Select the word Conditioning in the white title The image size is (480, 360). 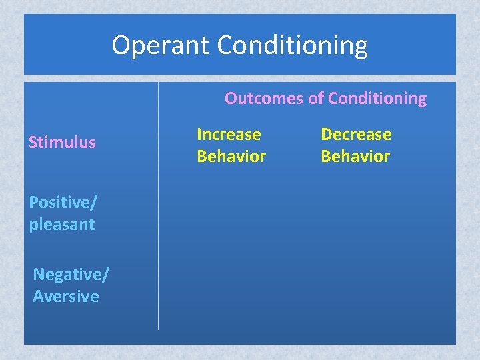pos(293,46)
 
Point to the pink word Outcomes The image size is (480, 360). pos(263,99)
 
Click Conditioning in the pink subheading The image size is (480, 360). pos(377,99)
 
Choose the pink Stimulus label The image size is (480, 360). pos(62,142)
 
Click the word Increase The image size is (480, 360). pos(229,135)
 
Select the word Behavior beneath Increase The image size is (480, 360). pos(231,157)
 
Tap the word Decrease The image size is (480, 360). pos(356,135)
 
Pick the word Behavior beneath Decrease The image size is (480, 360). pos(355,157)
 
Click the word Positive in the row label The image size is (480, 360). pos(59,202)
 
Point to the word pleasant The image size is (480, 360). pos(62,225)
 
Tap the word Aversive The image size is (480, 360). pos(65,297)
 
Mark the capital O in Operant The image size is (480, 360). pos(121,46)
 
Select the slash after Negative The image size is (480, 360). pos(107,275)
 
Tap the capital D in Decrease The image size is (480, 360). pos(327,135)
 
